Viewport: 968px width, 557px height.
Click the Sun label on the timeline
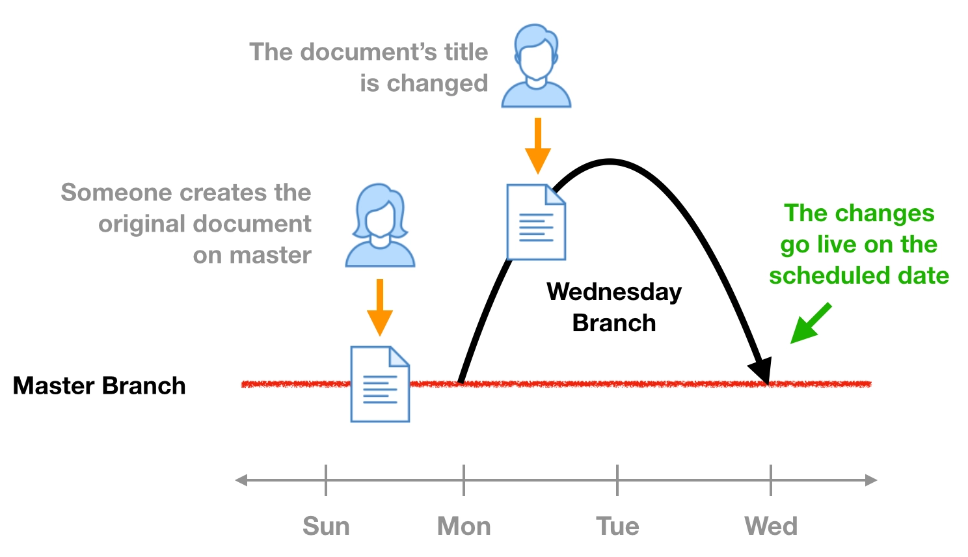(326, 526)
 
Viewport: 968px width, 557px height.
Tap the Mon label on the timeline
(464, 526)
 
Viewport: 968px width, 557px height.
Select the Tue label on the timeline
(617, 526)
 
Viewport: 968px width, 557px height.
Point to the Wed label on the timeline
(771, 526)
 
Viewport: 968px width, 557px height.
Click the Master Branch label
(99, 386)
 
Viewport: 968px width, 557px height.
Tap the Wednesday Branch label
(614, 307)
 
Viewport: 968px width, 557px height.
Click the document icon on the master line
(380, 384)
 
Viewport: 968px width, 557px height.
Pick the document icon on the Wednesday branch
(536, 222)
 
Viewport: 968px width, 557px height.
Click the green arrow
(809, 323)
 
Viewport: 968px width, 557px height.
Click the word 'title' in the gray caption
(465, 52)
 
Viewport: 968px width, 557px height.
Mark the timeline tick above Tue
(617, 480)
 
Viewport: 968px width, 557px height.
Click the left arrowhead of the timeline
(241, 480)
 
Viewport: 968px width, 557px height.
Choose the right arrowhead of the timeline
(872, 480)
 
